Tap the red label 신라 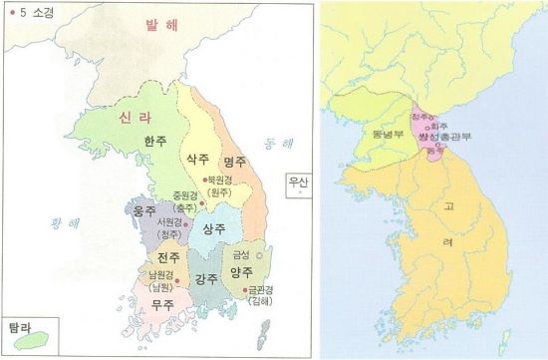[x=137, y=117]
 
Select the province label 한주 [x=154, y=142]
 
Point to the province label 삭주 [x=197, y=159]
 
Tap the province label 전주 [x=152, y=257]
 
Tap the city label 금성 [x=240, y=254]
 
